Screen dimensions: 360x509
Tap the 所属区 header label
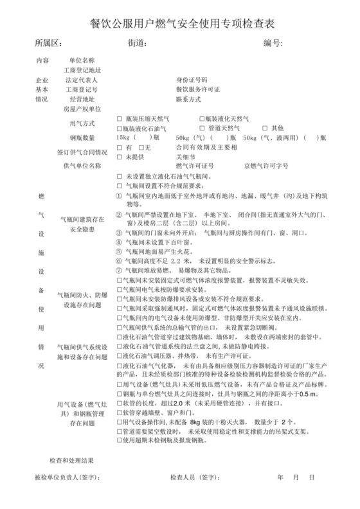48,44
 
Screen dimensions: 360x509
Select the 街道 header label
138,44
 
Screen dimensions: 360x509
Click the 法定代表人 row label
82,80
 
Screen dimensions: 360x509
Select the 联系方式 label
188,100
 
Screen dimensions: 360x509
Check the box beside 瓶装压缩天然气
119,120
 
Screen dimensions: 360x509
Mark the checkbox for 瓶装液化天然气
202,120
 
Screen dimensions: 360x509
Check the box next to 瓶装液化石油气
119,129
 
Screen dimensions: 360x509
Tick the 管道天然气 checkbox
202,129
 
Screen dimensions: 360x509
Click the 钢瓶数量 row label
82,138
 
